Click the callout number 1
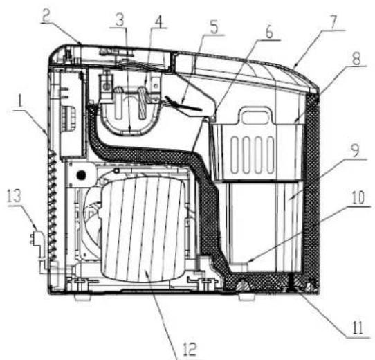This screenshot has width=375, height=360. click(x=20, y=102)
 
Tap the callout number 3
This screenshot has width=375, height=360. click(x=120, y=20)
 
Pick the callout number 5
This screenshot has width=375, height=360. click(x=214, y=27)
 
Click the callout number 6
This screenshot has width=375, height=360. click(x=269, y=32)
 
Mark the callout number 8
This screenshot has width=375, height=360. click(x=356, y=58)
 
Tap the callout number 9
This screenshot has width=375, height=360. click(x=356, y=150)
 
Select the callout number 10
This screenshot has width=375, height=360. click(x=358, y=198)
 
